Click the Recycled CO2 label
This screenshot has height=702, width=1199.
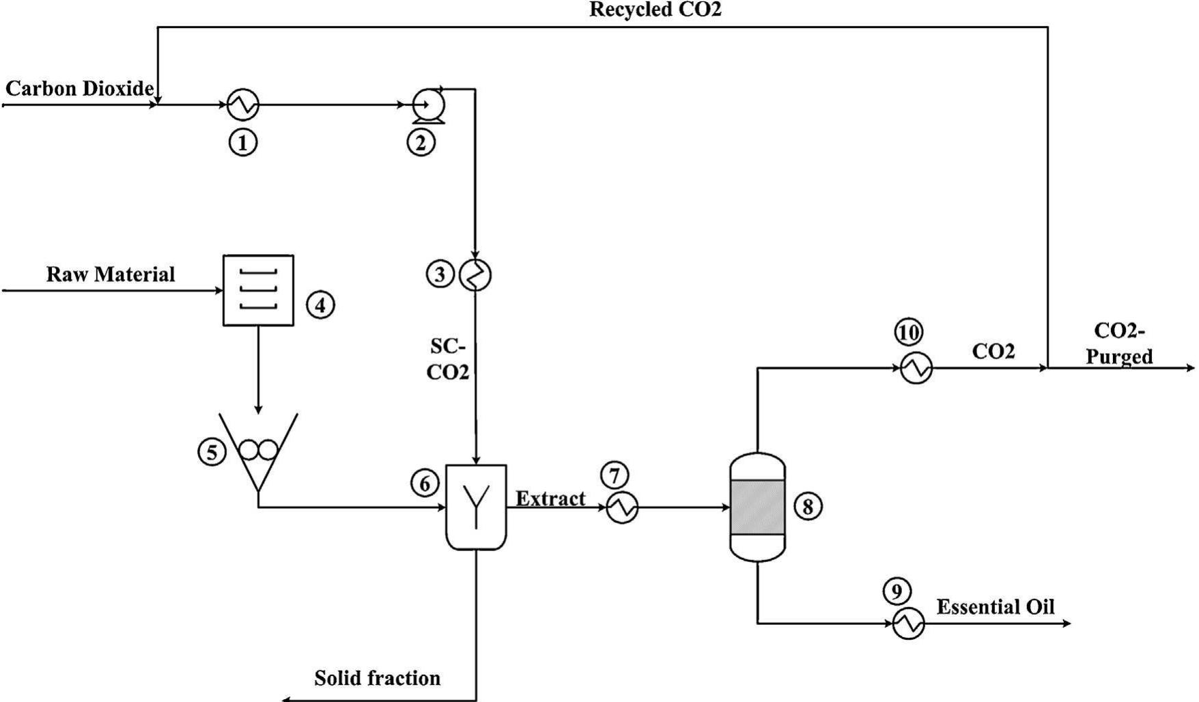[x=655, y=10]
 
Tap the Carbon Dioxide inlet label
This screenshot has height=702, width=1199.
[x=79, y=89]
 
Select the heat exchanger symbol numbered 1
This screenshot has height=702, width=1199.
[x=242, y=104]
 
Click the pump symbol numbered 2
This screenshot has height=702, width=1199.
[x=429, y=105]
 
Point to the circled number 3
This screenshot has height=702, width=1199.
[x=440, y=275]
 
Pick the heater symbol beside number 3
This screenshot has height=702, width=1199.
[x=476, y=275]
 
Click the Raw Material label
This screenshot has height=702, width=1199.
[x=111, y=275]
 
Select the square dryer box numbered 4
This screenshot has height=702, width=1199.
[x=259, y=290]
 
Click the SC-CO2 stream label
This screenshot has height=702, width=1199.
[x=448, y=359]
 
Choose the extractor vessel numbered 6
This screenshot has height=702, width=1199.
[x=476, y=507]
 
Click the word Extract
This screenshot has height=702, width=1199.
[x=550, y=499]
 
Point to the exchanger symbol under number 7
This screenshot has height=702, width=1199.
[x=622, y=507]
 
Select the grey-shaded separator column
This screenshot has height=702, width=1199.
[x=757, y=507]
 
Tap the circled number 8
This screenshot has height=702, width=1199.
[x=808, y=507]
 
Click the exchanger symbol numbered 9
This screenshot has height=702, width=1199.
[x=908, y=623]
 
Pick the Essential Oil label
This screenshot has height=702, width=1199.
[x=995, y=607]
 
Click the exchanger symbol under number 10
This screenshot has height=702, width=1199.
[x=916, y=368]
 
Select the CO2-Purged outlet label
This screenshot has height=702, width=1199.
[x=1119, y=343]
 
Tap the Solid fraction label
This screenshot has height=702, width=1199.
[x=377, y=678]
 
